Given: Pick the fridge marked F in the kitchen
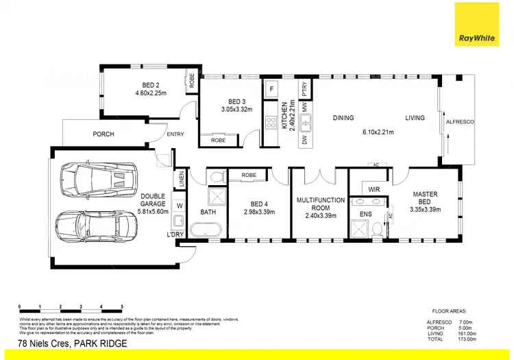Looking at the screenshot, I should pyautogui.click(x=271, y=89).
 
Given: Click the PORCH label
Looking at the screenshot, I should pyautogui.click(x=103, y=134).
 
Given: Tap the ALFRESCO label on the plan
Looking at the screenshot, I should pyautogui.click(x=460, y=121).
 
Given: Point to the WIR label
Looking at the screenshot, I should pyautogui.click(x=374, y=188).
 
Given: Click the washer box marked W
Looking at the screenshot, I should pyautogui.click(x=180, y=205).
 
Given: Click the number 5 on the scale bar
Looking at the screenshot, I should pyautogui.click(x=122, y=307).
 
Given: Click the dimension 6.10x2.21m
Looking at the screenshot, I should pyautogui.click(x=378, y=132).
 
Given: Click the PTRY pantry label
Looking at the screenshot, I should pyautogui.click(x=305, y=89).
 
